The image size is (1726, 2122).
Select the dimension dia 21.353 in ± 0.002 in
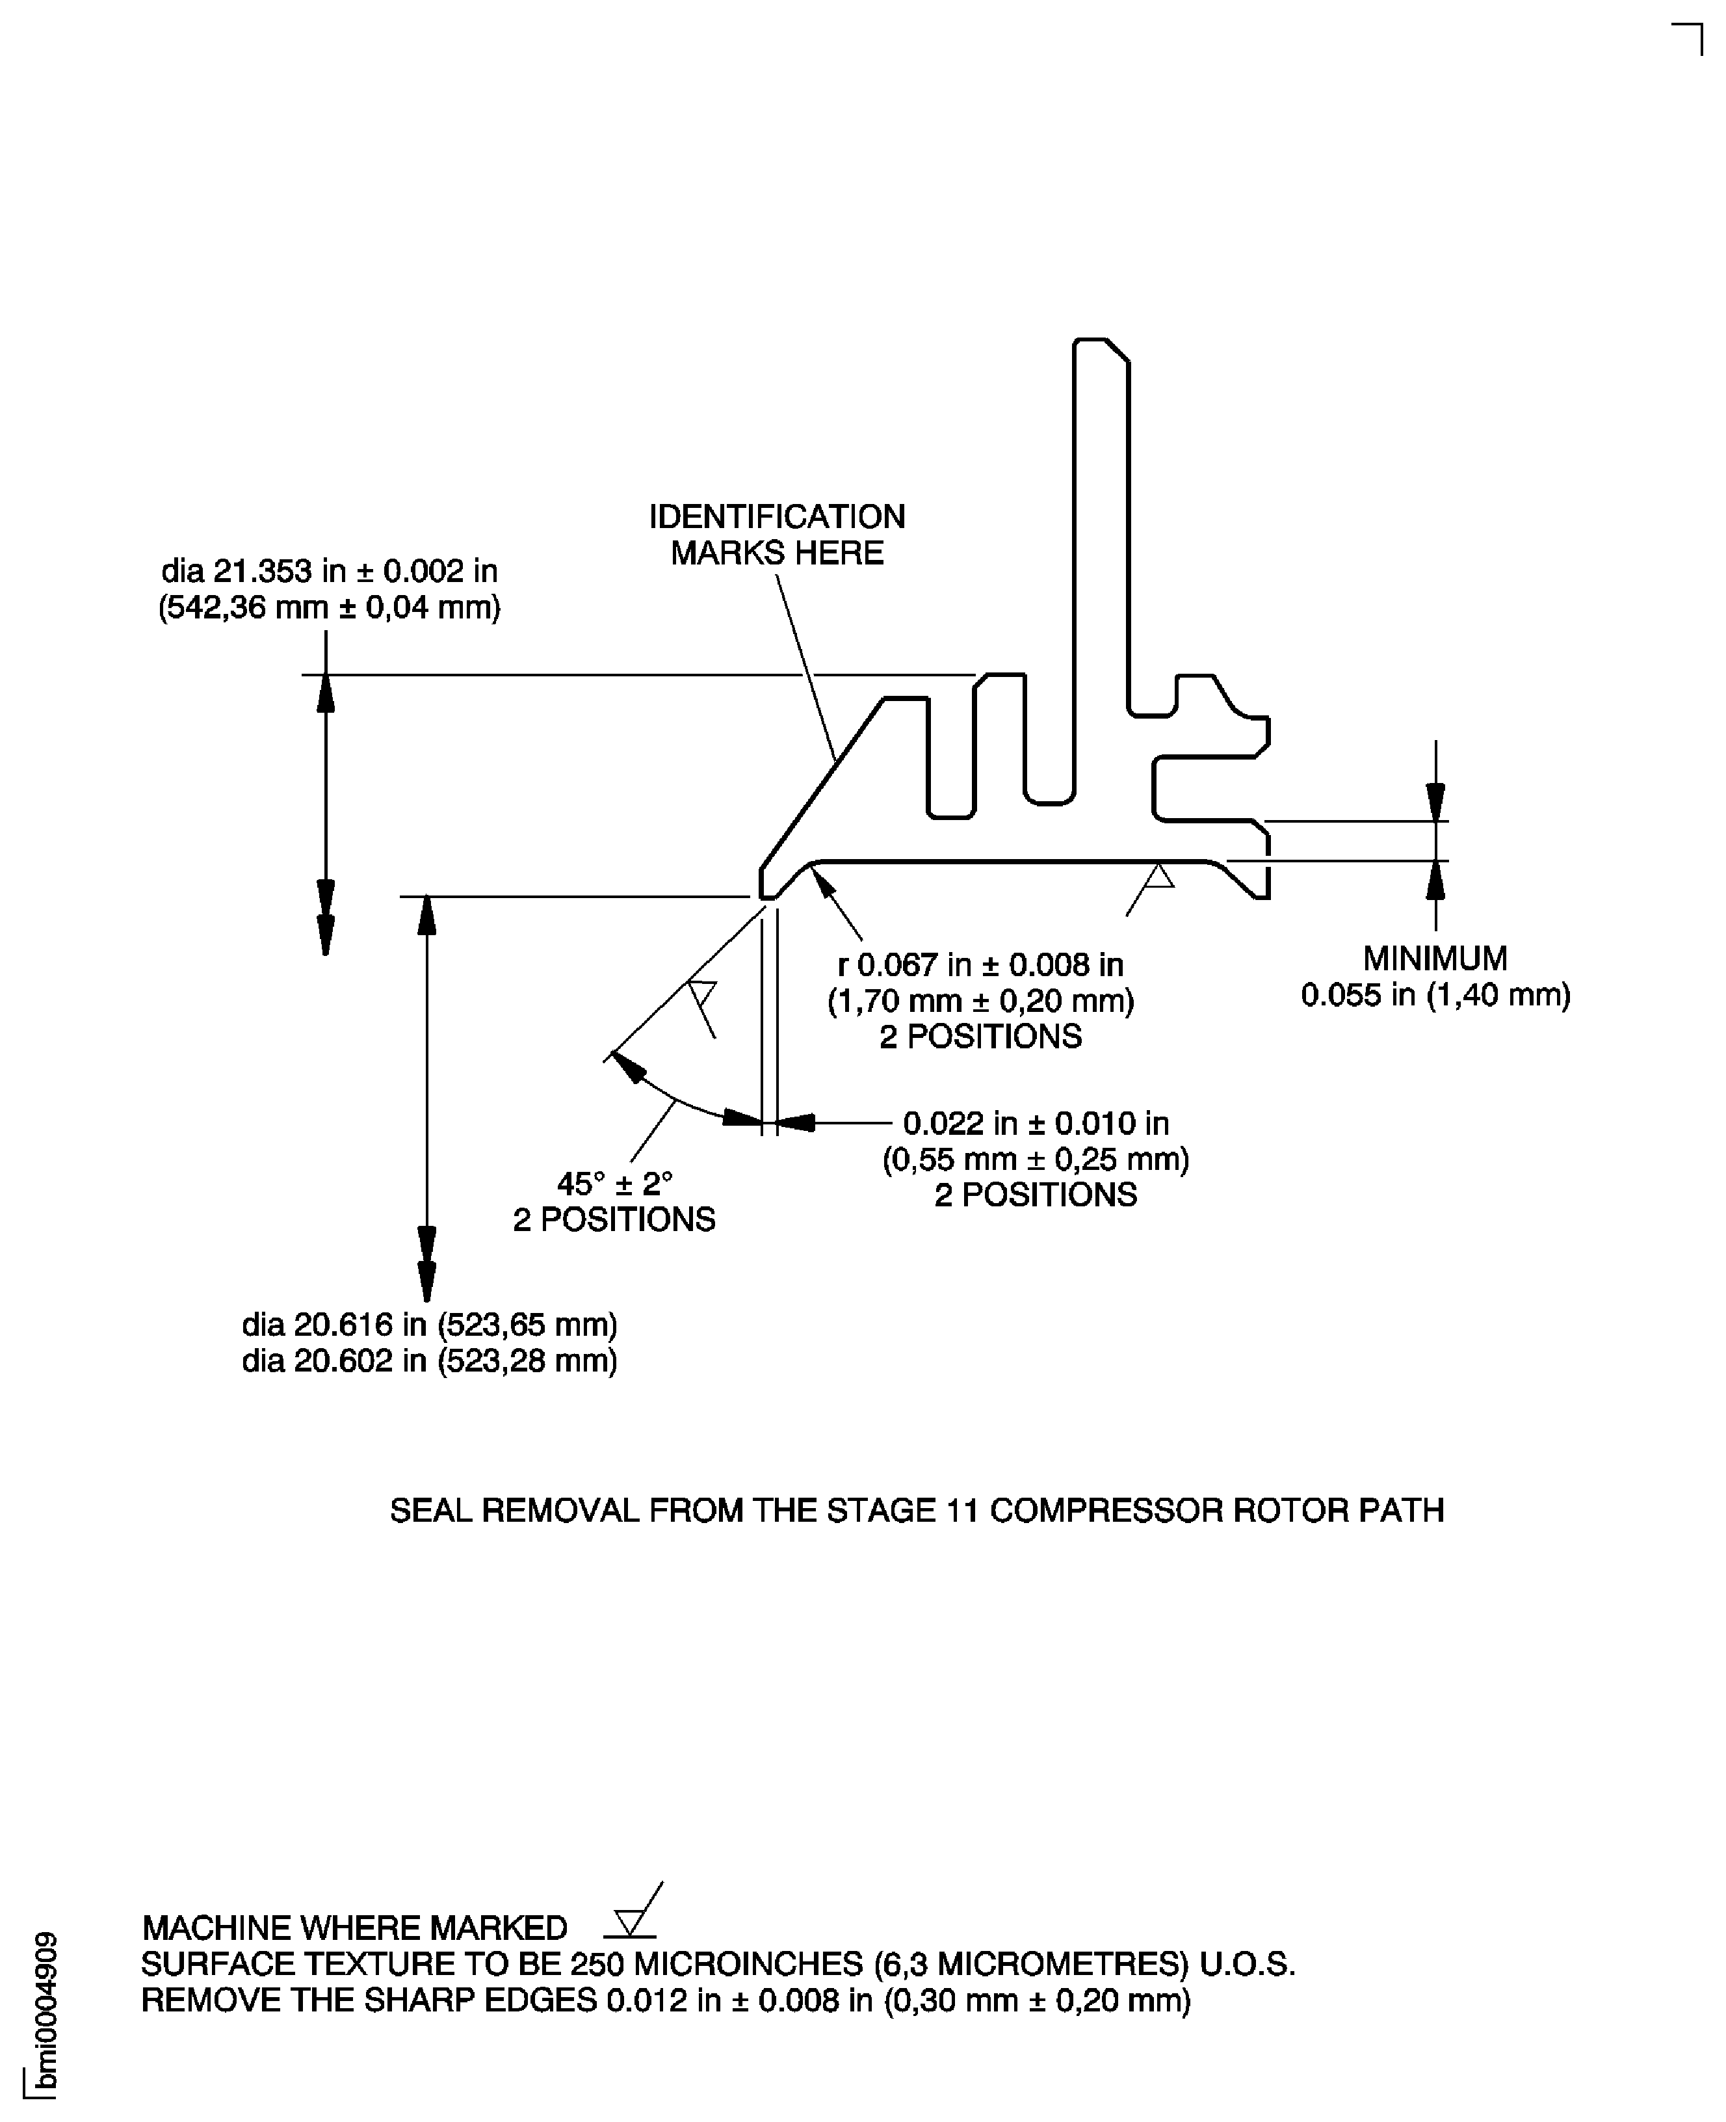[x=329, y=571]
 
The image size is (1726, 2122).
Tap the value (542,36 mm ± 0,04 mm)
[x=329, y=607]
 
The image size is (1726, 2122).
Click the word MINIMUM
[x=1435, y=959]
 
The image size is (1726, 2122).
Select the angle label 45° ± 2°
[x=614, y=1184]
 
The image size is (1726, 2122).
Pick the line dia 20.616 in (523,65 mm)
[x=430, y=1325]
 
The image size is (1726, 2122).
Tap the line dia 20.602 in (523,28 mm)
[x=430, y=1360]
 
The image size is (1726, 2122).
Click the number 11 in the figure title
[x=960, y=1511]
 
